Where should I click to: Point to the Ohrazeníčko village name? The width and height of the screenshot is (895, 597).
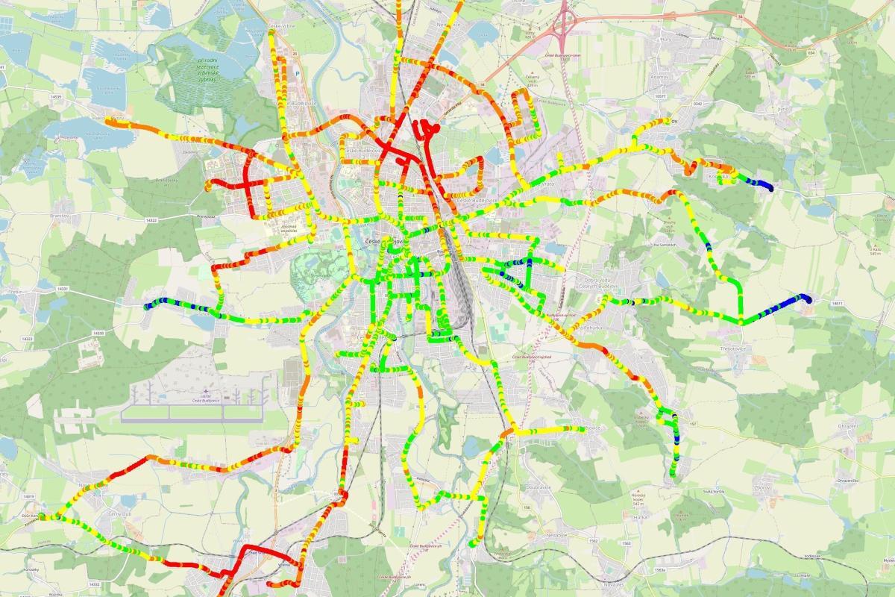[x=846, y=479]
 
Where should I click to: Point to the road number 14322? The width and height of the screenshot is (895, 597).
[x=153, y=220]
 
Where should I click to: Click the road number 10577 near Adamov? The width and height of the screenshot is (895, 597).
[x=659, y=96]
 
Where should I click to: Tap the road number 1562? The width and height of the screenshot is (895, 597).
[x=594, y=540]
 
